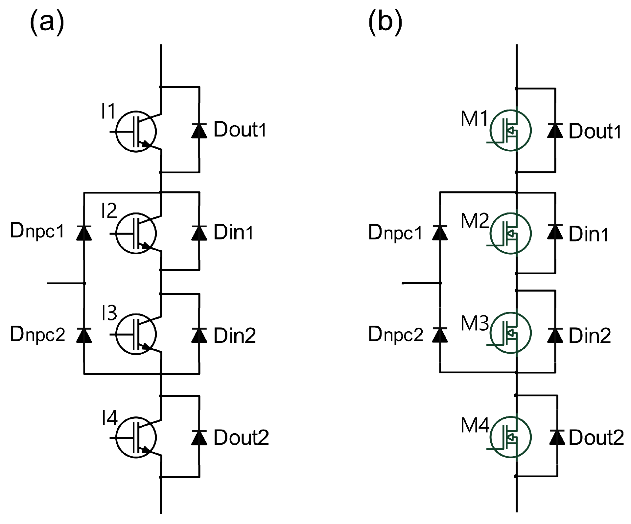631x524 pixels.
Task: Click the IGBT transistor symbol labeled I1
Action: pyautogui.click(x=136, y=131)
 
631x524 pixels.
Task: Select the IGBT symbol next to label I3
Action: pyautogui.click(x=136, y=334)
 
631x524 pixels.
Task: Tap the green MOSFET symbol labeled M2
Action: pyautogui.click(x=510, y=233)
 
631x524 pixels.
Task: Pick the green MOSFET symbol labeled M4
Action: pyautogui.click(x=510, y=437)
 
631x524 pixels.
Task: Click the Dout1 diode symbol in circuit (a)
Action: pyautogui.click(x=199, y=131)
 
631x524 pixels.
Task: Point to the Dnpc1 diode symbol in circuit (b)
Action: pyautogui.click(x=440, y=232)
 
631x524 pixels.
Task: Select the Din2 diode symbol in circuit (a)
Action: pyautogui.click(x=199, y=335)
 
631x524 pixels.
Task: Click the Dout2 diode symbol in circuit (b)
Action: pyautogui.click(x=557, y=437)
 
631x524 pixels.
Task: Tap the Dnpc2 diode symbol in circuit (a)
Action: pyautogui.click(x=84, y=335)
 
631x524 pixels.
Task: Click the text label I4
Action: pyautogui.click(x=109, y=418)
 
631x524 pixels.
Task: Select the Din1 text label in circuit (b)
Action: pyautogui.click(x=588, y=234)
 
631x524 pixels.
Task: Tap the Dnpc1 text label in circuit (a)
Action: pyautogui.click(x=37, y=231)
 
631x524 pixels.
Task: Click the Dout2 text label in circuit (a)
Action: pyautogui.click(x=241, y=437)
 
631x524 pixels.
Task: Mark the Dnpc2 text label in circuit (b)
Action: pyautogui.click(x=395, y=335)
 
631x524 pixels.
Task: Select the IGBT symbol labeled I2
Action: pyautogui.click(x=136, y=233)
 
